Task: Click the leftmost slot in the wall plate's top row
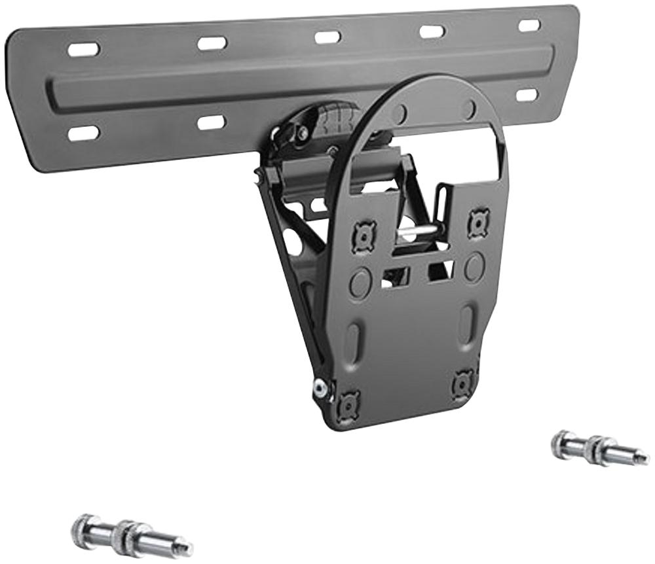click(x=83, y=49)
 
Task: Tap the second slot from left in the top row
click(x=212, y=43)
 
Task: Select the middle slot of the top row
click(x=327, y=37)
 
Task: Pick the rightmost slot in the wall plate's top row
click(x=529, y=26)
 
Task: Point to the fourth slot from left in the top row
click(x=432, y=31)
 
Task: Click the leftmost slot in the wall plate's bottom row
click(x=83, y=133)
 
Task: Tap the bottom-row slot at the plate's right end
click(x=527, y=95)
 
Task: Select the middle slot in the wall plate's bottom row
click(x=212, y=122)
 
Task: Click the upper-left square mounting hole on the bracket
click(x=363, y=236)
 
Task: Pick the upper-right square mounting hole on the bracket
click(x=479, y=223)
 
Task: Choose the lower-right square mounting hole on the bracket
click(x=463, y=383)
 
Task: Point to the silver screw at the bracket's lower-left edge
click(x=320, y=388)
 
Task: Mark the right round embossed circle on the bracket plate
click(x=474, y=268)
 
